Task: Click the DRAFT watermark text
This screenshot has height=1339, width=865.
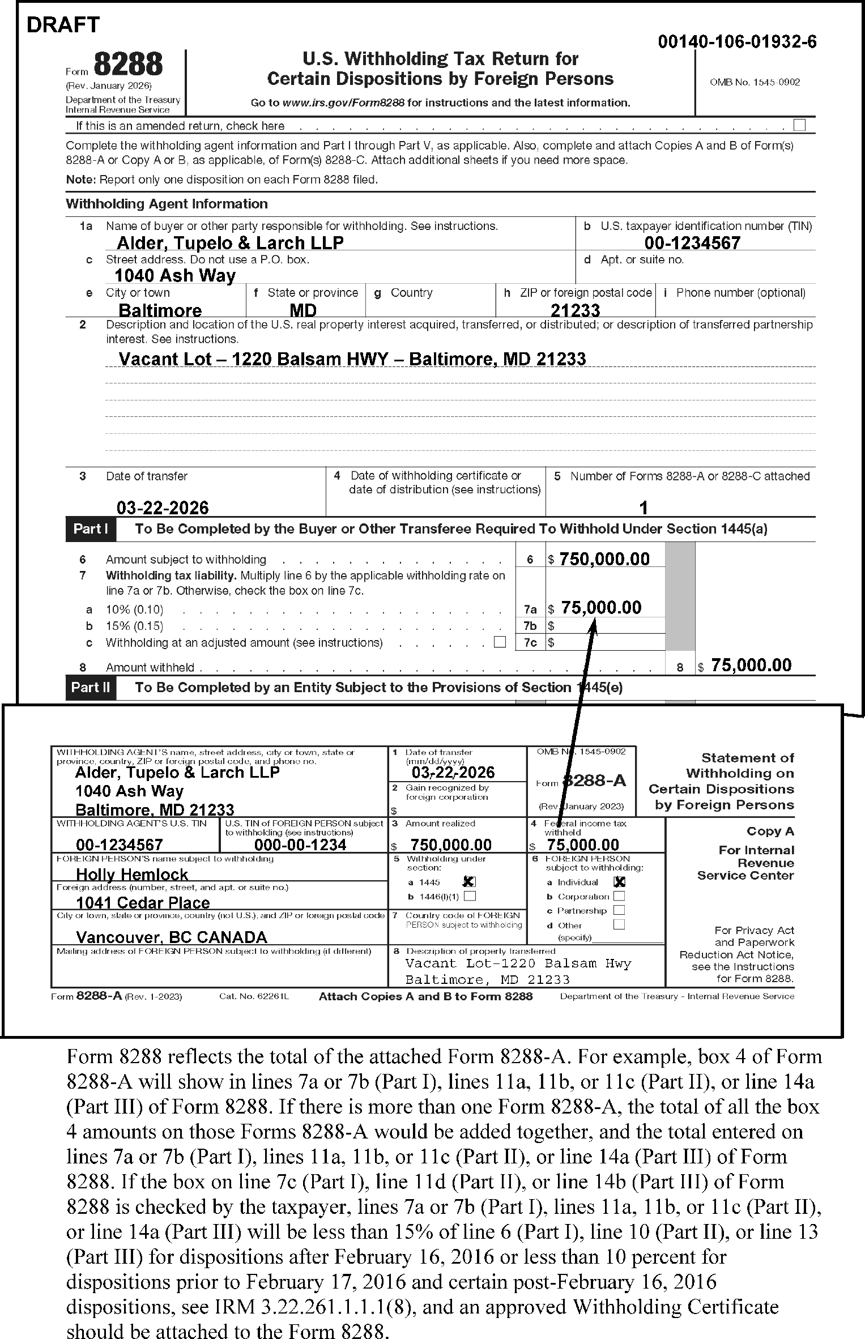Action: (x=63, y=25)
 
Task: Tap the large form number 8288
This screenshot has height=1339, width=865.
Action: (x=128, y=65)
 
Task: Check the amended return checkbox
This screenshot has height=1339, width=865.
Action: (x=799, y=125)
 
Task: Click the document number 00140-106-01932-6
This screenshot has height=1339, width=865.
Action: (x=737, y=42)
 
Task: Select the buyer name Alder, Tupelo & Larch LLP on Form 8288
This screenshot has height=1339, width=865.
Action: (x=230, y=243)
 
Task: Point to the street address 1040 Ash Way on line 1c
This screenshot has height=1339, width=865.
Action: (x=174, y=276)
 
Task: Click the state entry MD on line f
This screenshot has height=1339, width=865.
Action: (x=303, y=310)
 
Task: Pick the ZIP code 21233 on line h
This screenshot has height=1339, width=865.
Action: (x=575, y=310)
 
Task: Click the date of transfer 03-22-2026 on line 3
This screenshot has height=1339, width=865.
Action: (x=163, y=507)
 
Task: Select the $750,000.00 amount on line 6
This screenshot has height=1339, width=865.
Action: (x=604, y=559)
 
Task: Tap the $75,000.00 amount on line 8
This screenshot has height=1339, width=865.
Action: (x=751, y=665)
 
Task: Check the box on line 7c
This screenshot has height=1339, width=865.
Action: (x=500, y=642)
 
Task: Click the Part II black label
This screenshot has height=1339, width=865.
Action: (x=91, y=688)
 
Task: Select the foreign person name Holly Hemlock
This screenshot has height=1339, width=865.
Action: (x=132, y=875)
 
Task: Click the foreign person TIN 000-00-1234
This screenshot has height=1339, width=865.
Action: (x=300, y=845)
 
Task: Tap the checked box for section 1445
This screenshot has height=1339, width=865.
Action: (x=469, y=881)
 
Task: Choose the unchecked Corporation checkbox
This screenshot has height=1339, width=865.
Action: (x=619, y=896)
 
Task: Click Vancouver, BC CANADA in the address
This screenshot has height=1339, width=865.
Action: (x=172, y=937)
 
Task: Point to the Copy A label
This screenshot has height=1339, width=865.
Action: (x=770, y=831)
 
